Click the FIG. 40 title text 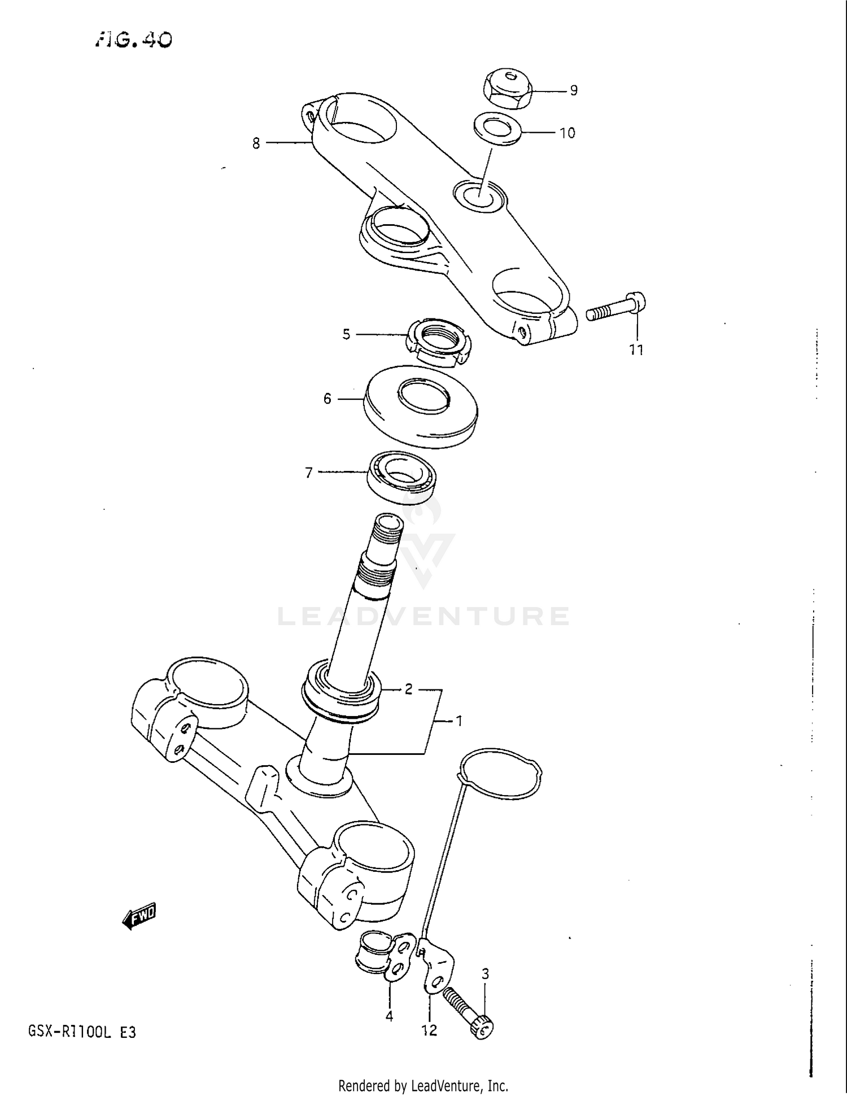tap(133, 39)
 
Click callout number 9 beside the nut tap(573, 90)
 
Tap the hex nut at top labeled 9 tap(508, 89)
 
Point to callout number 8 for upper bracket tap(256, 143)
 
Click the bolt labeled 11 tap(615, 308)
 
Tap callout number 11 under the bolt tap(636, 350)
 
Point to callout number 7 tap(308, 472)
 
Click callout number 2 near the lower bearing tap(408, 689)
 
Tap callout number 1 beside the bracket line tap(459, 721)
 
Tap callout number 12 tap(429, 1030)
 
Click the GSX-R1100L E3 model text tap(82, 1032)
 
